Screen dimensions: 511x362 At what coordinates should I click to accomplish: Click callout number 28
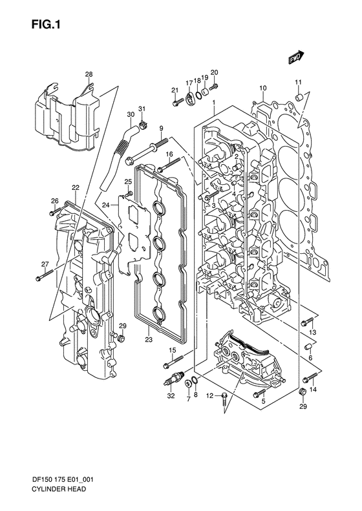click(x=89, y=76)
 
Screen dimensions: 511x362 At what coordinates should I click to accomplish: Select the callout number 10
click(x=263, y=88)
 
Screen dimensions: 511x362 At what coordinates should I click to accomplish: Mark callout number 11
click(x=299, y=81)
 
